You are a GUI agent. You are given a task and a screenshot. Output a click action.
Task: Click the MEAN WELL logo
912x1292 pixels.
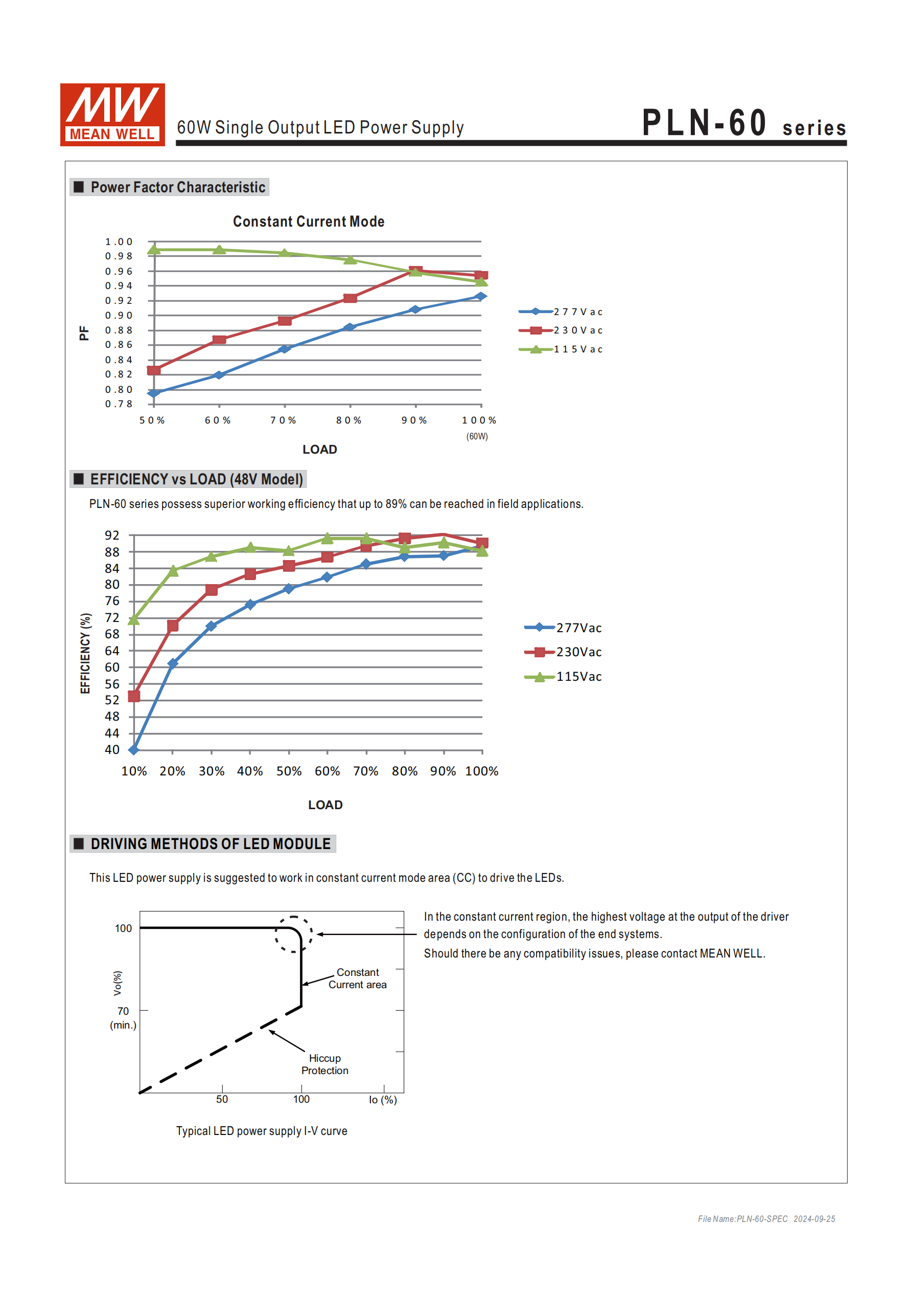(x=112, y=115)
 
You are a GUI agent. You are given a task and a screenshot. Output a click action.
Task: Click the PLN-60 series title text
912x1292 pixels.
(x=743, y=123)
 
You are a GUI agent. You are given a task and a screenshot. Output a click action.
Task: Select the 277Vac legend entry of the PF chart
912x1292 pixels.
(x=561, y=311)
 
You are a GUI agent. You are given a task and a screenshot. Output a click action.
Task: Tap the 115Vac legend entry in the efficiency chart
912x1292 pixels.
(x=564, y=677)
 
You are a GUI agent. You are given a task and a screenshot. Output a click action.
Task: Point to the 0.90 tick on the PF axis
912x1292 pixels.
(x=119, y=316)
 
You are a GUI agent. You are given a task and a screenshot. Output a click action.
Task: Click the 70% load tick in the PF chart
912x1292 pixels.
(x=283, y=420)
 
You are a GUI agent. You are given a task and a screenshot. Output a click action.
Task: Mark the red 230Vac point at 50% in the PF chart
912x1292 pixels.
(x=153, y=370)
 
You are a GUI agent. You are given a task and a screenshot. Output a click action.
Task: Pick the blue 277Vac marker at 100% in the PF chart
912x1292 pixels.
(x=480, y=297)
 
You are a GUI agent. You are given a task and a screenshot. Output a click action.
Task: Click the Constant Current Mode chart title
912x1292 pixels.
(x=309, y=221)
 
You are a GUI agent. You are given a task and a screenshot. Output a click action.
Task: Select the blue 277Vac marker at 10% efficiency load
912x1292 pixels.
(x=134, y=749)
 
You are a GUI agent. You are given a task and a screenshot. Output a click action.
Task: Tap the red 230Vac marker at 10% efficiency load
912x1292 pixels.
(x=134, y=697)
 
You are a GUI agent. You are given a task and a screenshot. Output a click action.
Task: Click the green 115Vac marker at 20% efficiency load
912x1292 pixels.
(x=173, y=571)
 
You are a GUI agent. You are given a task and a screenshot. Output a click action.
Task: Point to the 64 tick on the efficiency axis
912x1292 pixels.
(x=112, y=651)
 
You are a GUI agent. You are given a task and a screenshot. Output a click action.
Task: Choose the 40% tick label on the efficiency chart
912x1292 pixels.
(x=250, y=771)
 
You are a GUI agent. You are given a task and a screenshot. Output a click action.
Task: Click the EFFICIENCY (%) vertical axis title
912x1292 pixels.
(x=85, y=653)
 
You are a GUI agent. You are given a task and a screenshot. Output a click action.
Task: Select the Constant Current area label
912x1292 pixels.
(x=358, y=978)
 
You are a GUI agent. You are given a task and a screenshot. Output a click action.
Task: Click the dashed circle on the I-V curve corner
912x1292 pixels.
(x=293, y=934)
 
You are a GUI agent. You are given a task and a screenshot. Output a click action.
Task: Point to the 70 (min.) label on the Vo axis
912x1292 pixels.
(x=123, y=1017)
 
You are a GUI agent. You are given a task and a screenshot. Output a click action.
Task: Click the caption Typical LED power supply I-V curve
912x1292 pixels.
(x=262, y=1131)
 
